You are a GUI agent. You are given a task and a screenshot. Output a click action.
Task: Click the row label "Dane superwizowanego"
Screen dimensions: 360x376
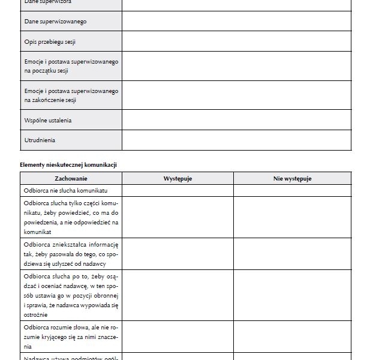coord(55,21)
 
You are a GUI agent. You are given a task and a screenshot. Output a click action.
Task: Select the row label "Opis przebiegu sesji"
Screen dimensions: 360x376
coord(50,41)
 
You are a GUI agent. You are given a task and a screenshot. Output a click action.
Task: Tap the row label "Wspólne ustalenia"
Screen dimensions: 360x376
coord(48,120)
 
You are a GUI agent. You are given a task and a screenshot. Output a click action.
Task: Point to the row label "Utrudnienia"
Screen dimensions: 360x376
coord(40,140)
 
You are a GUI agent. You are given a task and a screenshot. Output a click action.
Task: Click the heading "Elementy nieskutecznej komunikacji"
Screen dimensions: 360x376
coord(68,164)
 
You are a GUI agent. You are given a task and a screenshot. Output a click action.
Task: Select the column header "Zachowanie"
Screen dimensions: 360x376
coord(71,178)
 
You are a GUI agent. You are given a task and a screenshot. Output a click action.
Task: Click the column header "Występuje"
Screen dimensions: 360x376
coord(178,178)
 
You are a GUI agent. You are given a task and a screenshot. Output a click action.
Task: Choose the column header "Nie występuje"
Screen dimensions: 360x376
coord(292,178)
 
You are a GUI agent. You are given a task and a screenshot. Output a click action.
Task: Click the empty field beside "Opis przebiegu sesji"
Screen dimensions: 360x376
coord(236,41)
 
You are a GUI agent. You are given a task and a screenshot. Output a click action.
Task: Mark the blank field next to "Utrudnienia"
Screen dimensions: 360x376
coord(236,140)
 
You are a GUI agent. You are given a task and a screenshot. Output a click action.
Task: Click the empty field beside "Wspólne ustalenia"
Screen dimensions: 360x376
coord(236,120)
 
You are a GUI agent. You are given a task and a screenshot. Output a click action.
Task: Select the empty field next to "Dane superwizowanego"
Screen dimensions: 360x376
coord(236,21)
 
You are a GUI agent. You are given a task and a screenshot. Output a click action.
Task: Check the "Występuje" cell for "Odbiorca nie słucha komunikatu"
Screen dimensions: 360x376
coord(178,190)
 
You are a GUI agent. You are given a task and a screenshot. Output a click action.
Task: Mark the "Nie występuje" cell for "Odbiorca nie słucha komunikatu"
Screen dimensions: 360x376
coord(292,190)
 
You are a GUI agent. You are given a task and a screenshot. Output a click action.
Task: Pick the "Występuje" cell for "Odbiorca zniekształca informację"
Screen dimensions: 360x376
coord(178,254)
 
